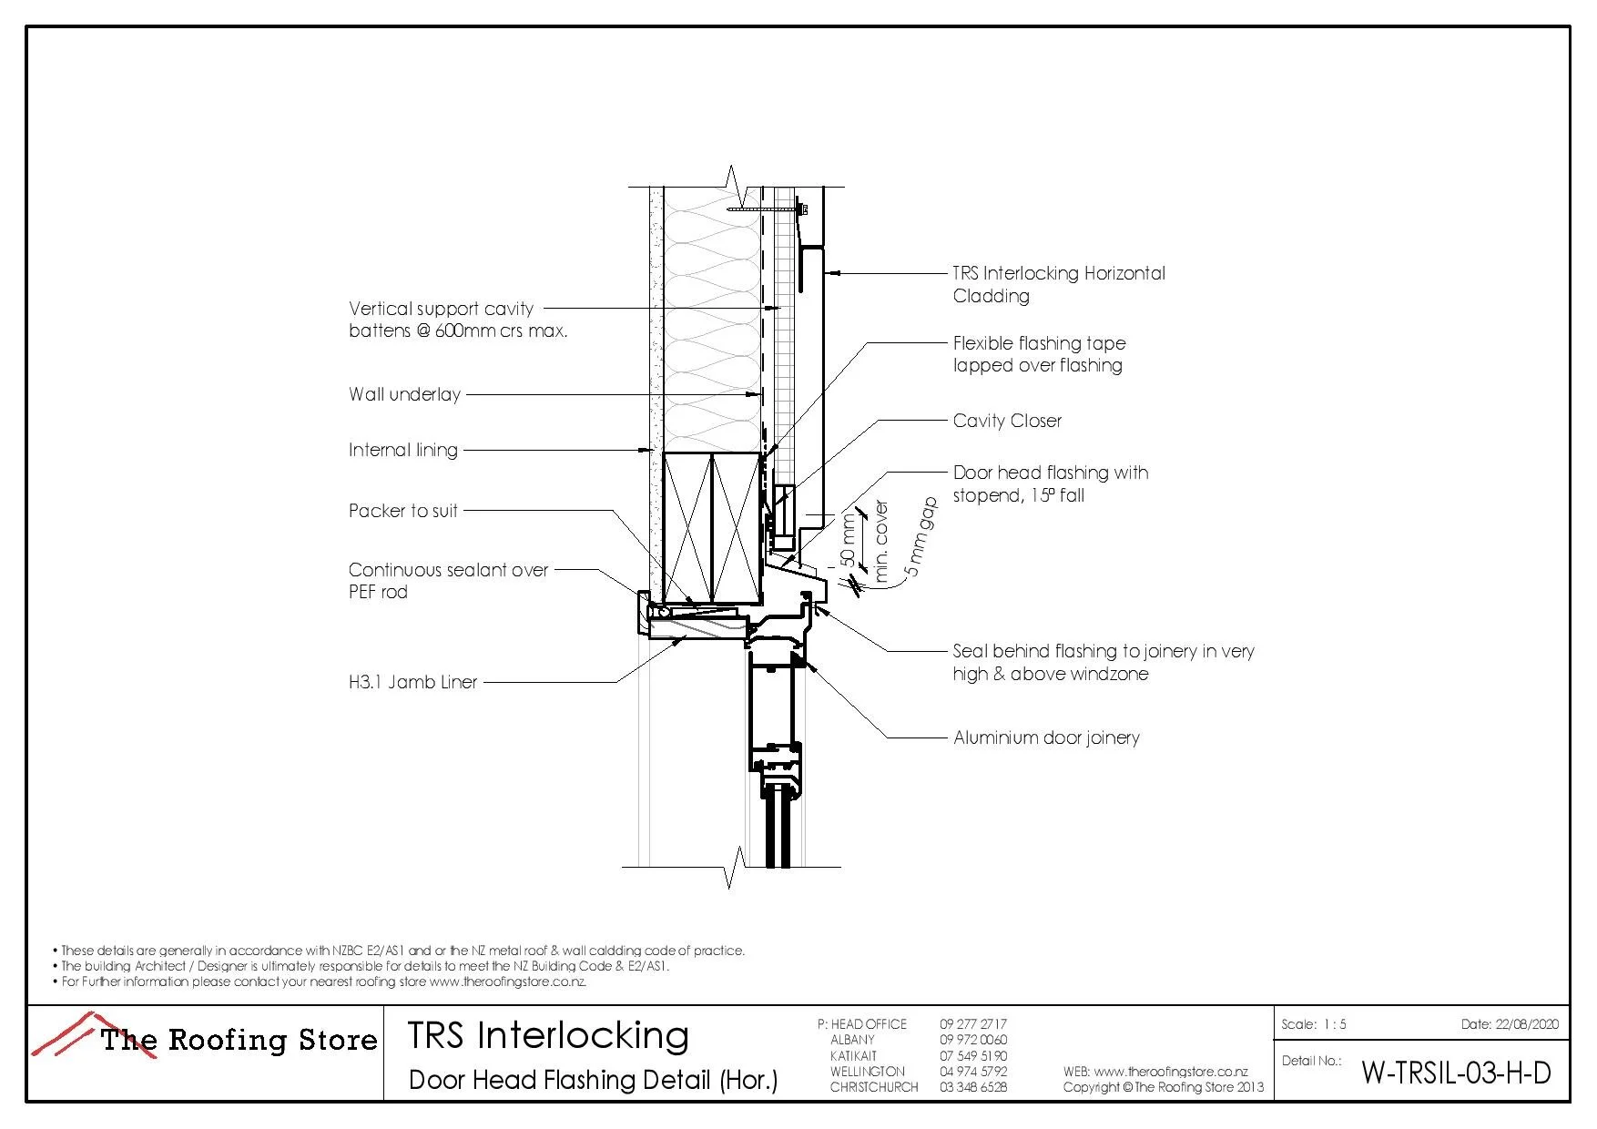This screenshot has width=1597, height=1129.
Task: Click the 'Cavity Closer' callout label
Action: pyautogui.click(x=1007, y=421)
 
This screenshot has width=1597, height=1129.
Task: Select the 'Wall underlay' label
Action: pyautogui.click(x=404, y=394)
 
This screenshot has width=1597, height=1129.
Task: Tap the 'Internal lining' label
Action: pyautogui.click(x=402, y=450)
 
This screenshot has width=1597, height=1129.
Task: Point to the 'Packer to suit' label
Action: pyautogui.click(x=402, y=511)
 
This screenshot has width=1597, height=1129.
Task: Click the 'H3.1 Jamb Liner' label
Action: pyautogui.click(x=412, y=682)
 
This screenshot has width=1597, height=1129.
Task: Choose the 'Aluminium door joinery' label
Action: pyautogui.click(x=1046, y=737)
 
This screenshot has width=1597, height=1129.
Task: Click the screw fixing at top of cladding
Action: pyautogui.click(x=801, y=210)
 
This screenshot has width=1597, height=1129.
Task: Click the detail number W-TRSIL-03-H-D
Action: pyautogui.click(x=1455, y=1073)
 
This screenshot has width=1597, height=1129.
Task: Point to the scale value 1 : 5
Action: pyautogui.click(x=1335, y=1024)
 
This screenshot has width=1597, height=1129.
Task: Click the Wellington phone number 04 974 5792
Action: pyautogui.click(x=973, y=1072)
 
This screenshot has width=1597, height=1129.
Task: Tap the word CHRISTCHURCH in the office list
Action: pyautogui.click(x=873, y=1087)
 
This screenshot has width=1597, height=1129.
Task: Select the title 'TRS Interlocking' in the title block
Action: pyautogui.click(x=547, y=1036)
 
